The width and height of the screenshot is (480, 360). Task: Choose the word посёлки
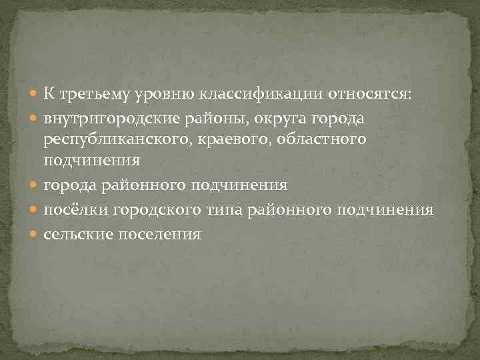75,210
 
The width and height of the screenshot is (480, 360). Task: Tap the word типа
225,210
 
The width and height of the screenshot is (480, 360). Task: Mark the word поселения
158,234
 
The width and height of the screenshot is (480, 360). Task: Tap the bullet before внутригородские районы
35,119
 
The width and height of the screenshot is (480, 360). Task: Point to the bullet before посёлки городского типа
35,211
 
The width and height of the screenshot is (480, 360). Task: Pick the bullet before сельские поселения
35,235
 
